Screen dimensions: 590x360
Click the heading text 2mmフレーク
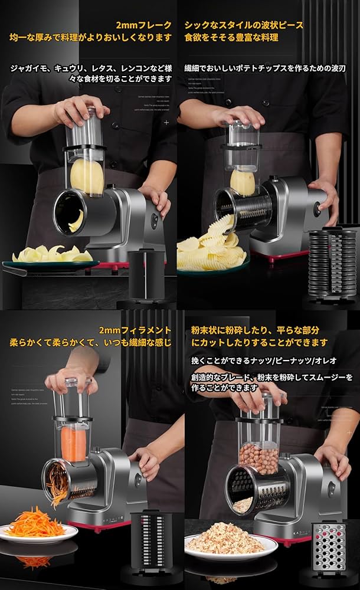143,25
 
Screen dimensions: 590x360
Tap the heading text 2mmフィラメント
135,330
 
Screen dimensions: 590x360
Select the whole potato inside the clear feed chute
87,176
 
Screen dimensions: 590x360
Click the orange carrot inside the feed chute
73,442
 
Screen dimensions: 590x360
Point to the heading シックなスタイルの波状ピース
244,25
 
